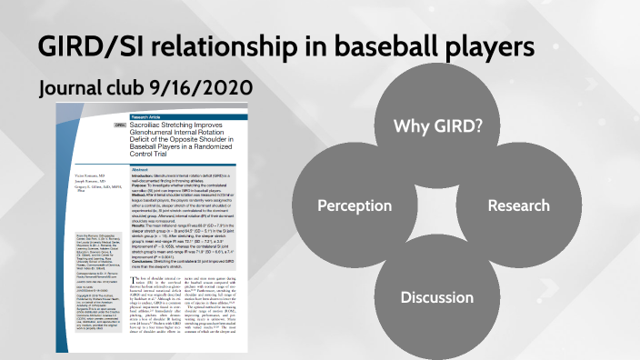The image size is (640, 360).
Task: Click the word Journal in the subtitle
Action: pyautogui.click(x=75, y=87)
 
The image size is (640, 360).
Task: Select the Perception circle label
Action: pyautogui.click(x=354, y=205)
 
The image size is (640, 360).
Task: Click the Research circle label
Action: pyautogui.click(x=518, y=205)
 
